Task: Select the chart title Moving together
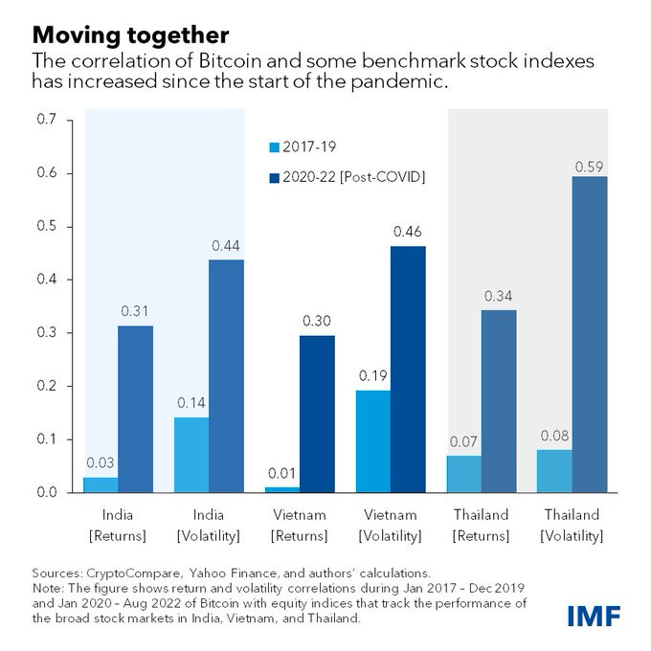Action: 131,35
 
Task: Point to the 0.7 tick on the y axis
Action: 47,120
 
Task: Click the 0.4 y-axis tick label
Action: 47,280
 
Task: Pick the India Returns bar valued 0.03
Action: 101,484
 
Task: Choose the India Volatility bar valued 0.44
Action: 226,375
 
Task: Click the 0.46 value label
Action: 407,232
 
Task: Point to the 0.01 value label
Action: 280,473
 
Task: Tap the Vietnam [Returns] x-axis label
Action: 297,525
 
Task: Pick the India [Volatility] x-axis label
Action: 208,525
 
